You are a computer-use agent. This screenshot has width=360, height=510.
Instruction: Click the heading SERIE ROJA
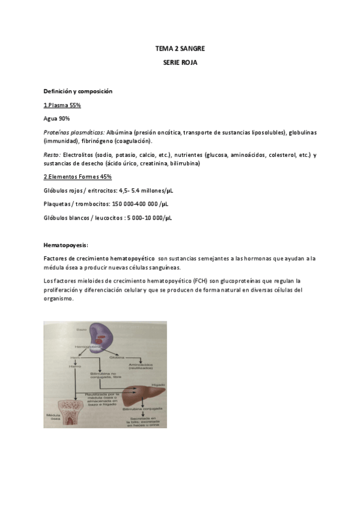(x=180, y=62)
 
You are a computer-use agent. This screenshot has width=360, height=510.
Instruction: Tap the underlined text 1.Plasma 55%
(x=62, y=105)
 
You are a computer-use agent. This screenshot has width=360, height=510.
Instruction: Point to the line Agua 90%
(x=57, y=118)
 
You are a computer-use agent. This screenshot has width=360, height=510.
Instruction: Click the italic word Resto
(x=52, y=155)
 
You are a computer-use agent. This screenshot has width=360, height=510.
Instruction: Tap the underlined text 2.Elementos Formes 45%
(x=78, y=177)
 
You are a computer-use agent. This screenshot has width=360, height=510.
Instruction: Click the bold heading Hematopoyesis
(x=66, y=245)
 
